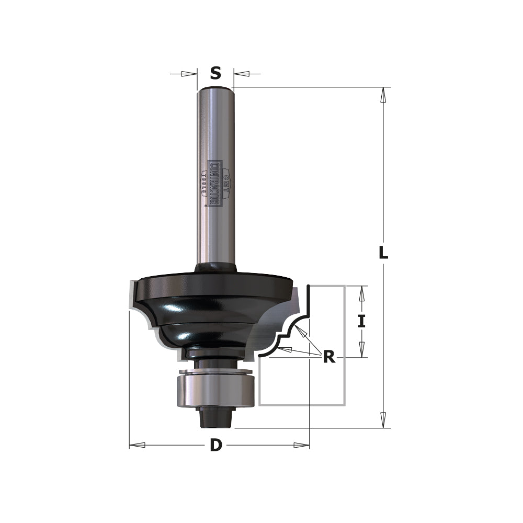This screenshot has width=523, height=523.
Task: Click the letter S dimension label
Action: (x=215, y=73)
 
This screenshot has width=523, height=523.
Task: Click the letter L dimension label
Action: (x=383, y=253)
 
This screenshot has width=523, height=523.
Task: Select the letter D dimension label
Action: (x=216, y=446)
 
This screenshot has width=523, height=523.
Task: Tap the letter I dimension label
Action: (x=361, y=321)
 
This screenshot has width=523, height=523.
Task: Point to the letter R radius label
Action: (x=329, y=357)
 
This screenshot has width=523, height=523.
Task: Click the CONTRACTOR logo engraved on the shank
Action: (x=215, y=183)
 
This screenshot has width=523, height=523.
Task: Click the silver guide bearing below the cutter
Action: (x=215, y=390)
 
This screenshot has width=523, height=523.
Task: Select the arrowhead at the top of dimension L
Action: (x=383, y=94)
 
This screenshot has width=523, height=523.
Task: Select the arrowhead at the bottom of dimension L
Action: (x=383, y=420)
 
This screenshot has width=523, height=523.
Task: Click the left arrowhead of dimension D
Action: (x=137, y=445)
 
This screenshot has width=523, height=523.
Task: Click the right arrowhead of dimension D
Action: (x=301, y=445)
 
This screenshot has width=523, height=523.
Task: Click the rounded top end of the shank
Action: (x=215, y=90)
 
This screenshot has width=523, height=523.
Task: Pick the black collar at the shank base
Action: (x=215, y=267)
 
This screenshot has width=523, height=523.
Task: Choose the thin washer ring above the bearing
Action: (x=215, y=372)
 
